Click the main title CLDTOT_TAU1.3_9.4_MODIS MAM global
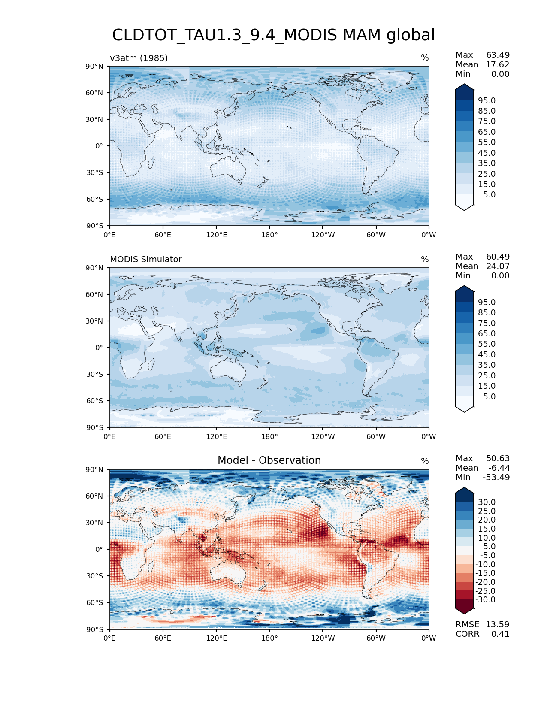point(273,35)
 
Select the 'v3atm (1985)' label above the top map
point(139,58)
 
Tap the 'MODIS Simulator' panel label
point(145,259)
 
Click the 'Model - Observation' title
point(269,460)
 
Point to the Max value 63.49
point(498,55)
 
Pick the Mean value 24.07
point(498,266)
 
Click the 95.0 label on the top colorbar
point(487,100)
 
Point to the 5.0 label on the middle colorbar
point(489,396)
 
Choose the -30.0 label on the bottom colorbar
point(485,599)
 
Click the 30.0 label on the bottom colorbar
point(487,502)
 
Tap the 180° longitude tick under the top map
point(269,235)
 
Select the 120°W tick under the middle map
point(323,436)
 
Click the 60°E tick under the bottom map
point(163,638)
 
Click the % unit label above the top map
point(425,58)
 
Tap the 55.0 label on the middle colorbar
point(487,344)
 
